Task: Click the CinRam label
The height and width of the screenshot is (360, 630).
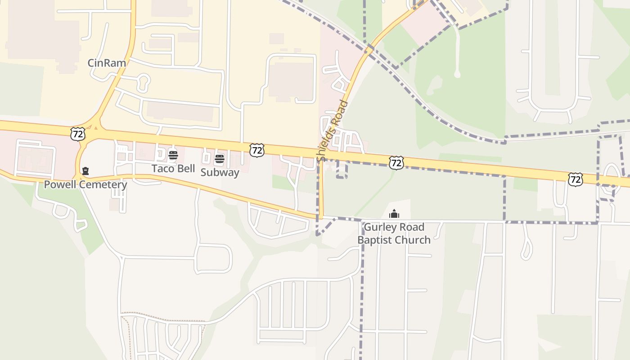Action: [107, 63]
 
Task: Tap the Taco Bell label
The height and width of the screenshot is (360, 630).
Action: [173, 169]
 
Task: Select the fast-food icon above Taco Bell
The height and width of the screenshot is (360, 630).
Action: [173, 156]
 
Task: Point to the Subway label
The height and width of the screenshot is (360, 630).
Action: [220, 172]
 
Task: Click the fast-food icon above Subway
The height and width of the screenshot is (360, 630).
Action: [219, 158]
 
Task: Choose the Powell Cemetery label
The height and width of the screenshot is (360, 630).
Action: [85, 185]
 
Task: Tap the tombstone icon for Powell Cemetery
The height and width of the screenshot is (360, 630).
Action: [85, 171]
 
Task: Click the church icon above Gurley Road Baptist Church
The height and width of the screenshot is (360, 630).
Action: [394, 214]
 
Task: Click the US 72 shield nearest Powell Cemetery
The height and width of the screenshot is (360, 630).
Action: [77, 133]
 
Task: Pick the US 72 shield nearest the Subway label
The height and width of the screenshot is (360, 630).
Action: [256, 150]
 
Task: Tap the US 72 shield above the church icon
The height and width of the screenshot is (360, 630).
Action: [396, 162]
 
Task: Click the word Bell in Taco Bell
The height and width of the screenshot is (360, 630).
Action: [185, 169]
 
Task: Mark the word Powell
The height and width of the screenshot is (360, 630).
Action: [60, 185]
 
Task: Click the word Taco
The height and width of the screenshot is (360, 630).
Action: [162, 169]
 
